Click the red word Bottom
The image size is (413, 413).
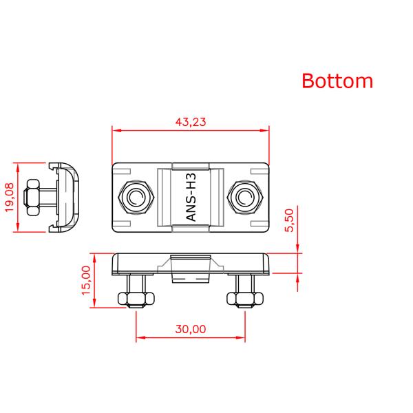[x=337, y=81]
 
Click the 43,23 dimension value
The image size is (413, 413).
[x=191, y=122]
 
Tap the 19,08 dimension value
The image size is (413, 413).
[x=9, y=198]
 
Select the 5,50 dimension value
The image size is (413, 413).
[x=289, y=221]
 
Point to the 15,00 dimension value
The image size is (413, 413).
[x=86, y=280]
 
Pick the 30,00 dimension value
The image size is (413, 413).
[x=191, y=329]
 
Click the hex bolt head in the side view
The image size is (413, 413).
[x=32, y=198]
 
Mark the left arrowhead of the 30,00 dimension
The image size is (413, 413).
[x=140, y=338]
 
